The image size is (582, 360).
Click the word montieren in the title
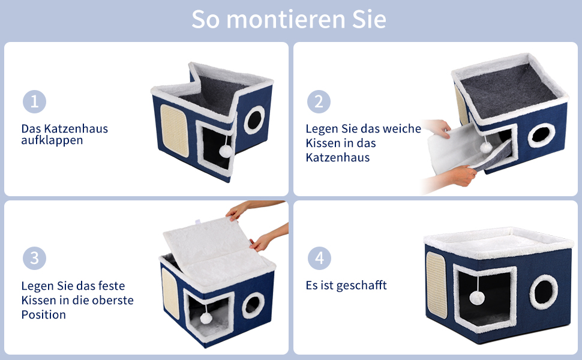tap(286, 19)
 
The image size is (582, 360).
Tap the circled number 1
tap(34, 101)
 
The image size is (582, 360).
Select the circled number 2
tap(319, 101)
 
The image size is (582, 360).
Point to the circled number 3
tap(34, 259)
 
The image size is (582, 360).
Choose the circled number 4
tap(319, 259)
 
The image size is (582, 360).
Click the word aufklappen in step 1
tap(52, 140)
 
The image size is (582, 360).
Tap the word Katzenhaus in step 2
tap(338, 158)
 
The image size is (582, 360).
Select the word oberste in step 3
tap(113, 300)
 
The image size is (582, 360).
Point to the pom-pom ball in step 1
tap(226, 151)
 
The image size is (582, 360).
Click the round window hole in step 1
tap(254, 119)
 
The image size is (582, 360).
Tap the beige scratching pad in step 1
tap(175, 130)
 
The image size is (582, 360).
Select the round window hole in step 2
tap(541, 135)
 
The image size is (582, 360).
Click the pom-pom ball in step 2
tap(486, 148)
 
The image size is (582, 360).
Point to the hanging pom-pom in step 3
tap(206, 318)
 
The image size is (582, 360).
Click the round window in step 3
tap(254, 305)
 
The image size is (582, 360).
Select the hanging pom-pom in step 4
tap(477, 298)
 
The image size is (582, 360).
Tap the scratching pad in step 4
tap(437, 285)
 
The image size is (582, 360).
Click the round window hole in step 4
tap(544, 292)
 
